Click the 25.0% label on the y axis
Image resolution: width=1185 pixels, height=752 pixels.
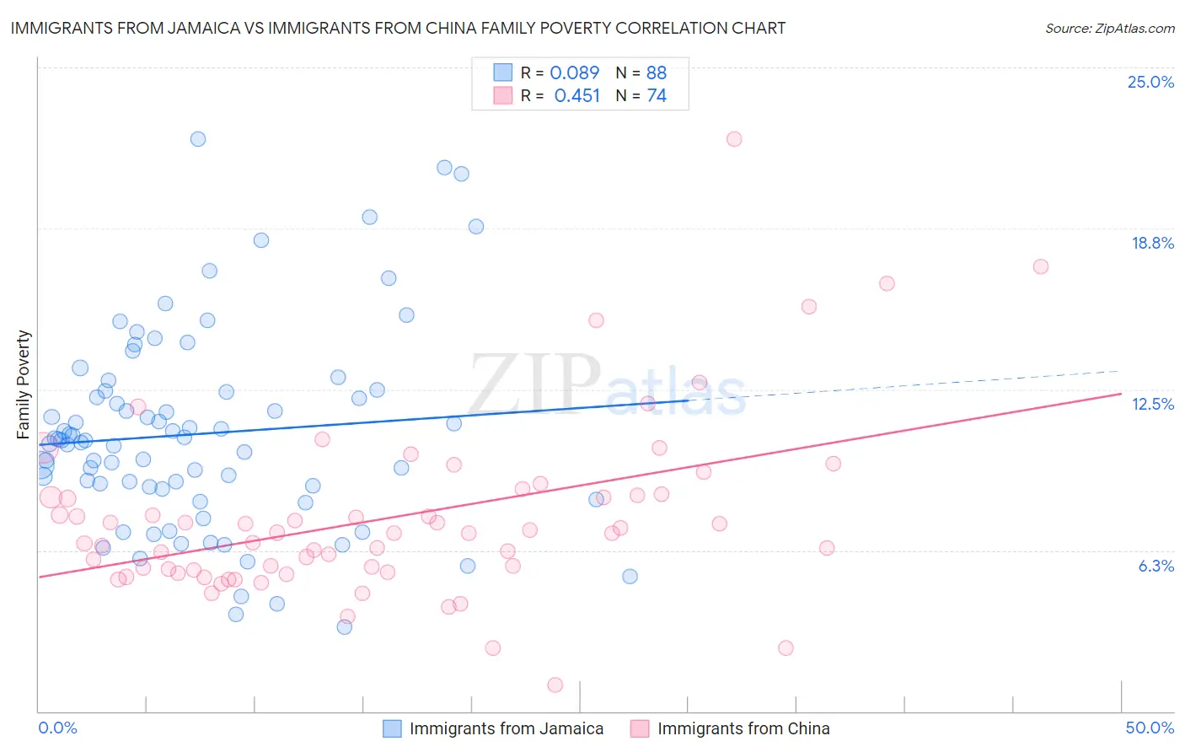click(x=1150, y=82)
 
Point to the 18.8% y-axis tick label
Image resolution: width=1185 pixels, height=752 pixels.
click(x=1152, y=243)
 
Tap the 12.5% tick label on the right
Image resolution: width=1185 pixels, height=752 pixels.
click(x=1152, y=404)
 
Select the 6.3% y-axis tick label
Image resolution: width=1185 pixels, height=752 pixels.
click(x=1156, y=566)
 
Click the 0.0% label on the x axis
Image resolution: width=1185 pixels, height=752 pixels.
click(x=57, y=728)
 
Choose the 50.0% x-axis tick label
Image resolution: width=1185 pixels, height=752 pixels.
click(x=1150, y=728)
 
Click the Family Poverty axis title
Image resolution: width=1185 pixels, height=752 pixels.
click(x=24, y=384)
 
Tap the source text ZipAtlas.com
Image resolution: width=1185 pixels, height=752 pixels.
click(x=1109, y=28)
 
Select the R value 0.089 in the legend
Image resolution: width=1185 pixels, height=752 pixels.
click(x=574, y=73)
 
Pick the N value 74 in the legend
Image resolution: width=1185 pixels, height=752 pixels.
click(x=656, y=95)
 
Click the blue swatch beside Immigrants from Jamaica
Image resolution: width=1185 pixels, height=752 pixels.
click(x=392, y=728)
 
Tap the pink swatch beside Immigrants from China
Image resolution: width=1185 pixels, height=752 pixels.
click(x=640, y=728)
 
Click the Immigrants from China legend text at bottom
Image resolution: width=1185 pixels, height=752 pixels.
click(x=743, y=728)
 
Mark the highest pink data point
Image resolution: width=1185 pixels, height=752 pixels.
click(x=734, y=139)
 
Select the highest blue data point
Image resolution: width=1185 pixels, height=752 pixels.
click(x=198, y=139)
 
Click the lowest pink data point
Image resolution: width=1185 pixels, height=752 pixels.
click(x=555, y=685)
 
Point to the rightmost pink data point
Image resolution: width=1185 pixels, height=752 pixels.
click(x=1041, y=266)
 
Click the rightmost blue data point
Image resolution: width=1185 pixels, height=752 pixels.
click(x=630, y=577)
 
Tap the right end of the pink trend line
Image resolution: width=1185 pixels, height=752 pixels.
click(x=1121, y=394)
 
